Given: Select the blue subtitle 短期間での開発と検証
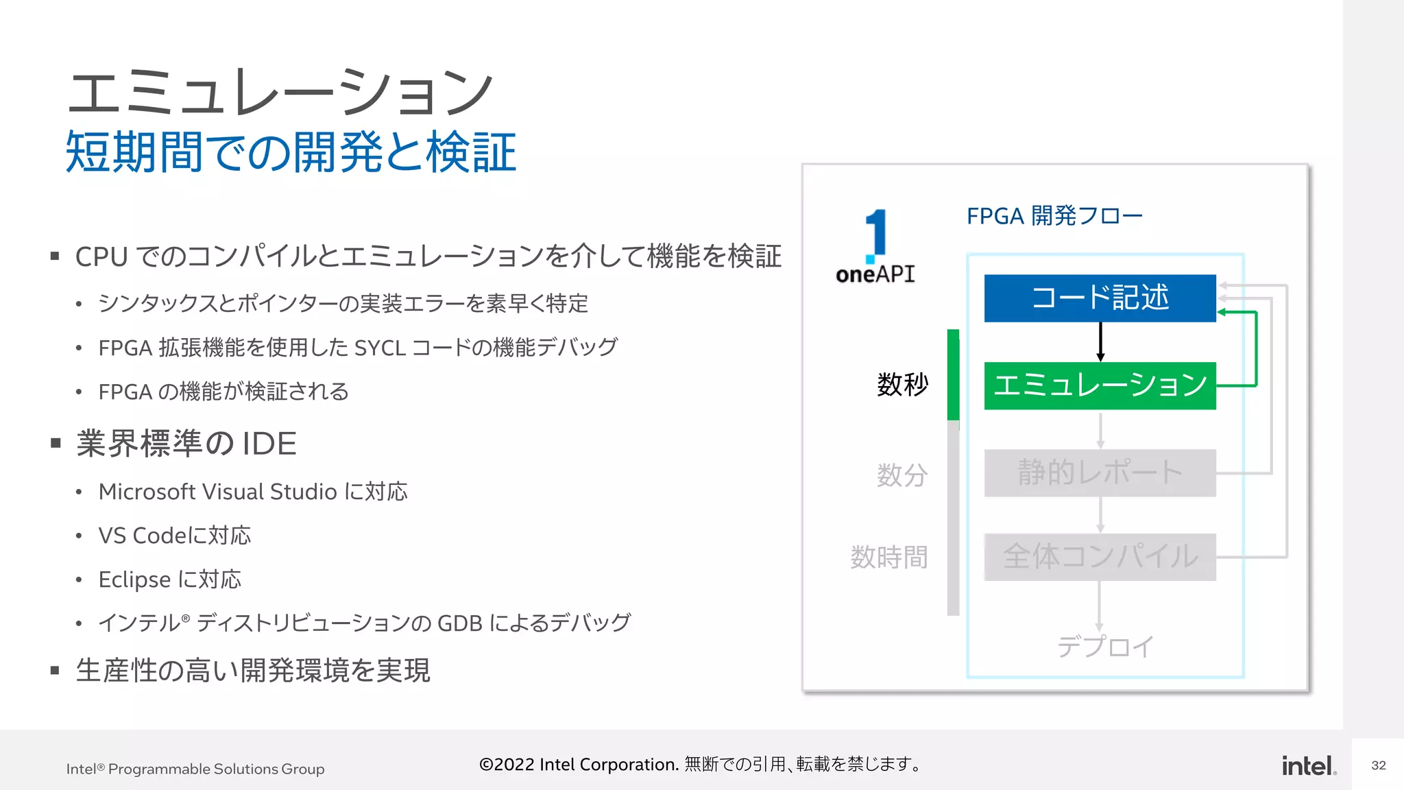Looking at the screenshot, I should pos(291,152).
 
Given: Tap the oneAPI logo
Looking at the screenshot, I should pos(875,248).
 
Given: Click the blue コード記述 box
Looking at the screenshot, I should pos(1100,298).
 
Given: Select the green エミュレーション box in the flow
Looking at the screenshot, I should pos(1100,385).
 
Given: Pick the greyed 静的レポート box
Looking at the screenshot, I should pos(1100,472).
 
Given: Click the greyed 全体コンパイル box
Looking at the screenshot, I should pos(1100,557).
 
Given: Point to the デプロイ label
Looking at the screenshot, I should pos(1105,646).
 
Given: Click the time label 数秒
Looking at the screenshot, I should pos(902,385).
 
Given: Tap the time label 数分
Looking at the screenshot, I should pos(902,475).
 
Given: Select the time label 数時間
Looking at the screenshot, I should pos(889,557).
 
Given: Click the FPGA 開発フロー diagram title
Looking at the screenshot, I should pos(1054,216).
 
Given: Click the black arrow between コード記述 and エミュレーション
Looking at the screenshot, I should pos(1100,342).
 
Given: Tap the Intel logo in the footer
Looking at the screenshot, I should pos(1309,766).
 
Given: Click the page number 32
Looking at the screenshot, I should pos(1379,765).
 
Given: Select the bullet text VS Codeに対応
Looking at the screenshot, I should pos(175,536).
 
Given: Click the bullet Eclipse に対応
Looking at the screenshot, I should pos(170,579).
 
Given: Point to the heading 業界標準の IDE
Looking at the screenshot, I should pos(186,444).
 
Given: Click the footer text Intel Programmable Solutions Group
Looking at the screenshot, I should pos(195,769).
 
